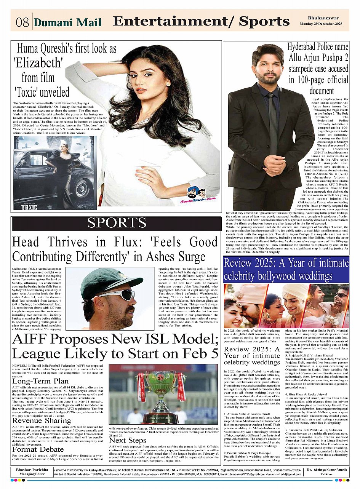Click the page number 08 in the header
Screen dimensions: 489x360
tap(22, 22)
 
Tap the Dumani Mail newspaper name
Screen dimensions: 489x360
tap(68, 22)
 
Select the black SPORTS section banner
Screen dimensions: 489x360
tap(117, 223)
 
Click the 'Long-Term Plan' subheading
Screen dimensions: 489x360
tap(41, 381)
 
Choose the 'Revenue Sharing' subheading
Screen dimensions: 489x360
tap(42, 420)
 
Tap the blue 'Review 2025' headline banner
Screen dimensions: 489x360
tap(286, 269)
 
